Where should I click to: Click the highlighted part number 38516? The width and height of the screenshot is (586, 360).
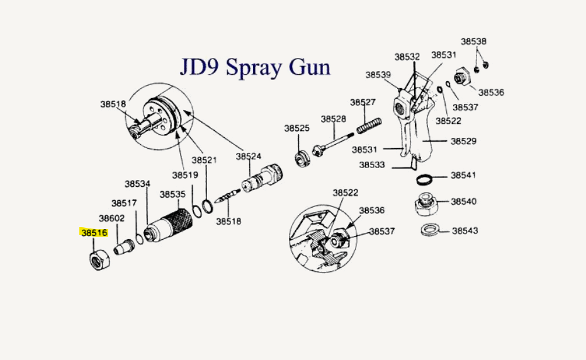coord(94,232)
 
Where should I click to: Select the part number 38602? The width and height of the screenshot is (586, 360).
coord(111,218)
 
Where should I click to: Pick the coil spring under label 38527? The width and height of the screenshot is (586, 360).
coord(370,125)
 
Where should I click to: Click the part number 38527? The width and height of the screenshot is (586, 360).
coord(363,102)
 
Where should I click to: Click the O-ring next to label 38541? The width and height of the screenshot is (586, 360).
coord(426,179)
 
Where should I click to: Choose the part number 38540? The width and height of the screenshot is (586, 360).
coord(465,201)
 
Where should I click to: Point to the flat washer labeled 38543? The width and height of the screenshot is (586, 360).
coord(430,228)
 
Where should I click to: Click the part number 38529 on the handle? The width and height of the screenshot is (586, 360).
coord(463,142)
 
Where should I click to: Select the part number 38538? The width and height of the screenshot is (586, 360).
coord(473,42)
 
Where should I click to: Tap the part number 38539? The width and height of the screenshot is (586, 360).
coord(378,75)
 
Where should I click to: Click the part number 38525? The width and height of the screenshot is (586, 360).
coord(296,128)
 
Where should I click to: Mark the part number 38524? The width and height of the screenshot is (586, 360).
coord(249,156)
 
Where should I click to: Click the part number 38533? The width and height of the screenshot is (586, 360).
coord(372,165)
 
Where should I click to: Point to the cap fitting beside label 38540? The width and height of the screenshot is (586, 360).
coord(427,205)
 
